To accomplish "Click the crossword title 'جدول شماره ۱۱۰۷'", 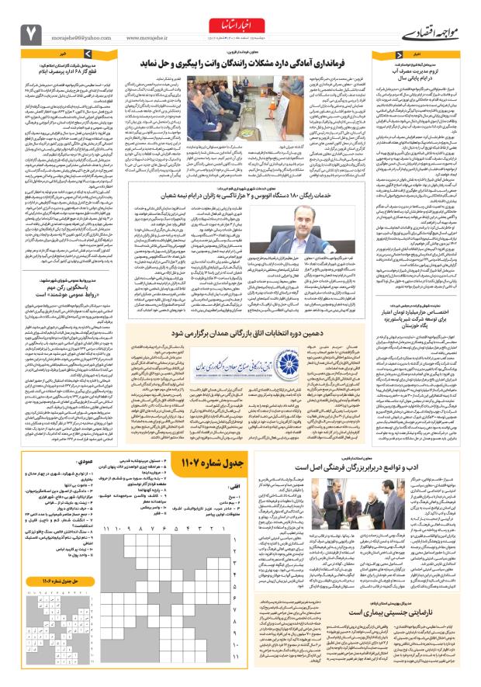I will [x=203, y=463].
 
